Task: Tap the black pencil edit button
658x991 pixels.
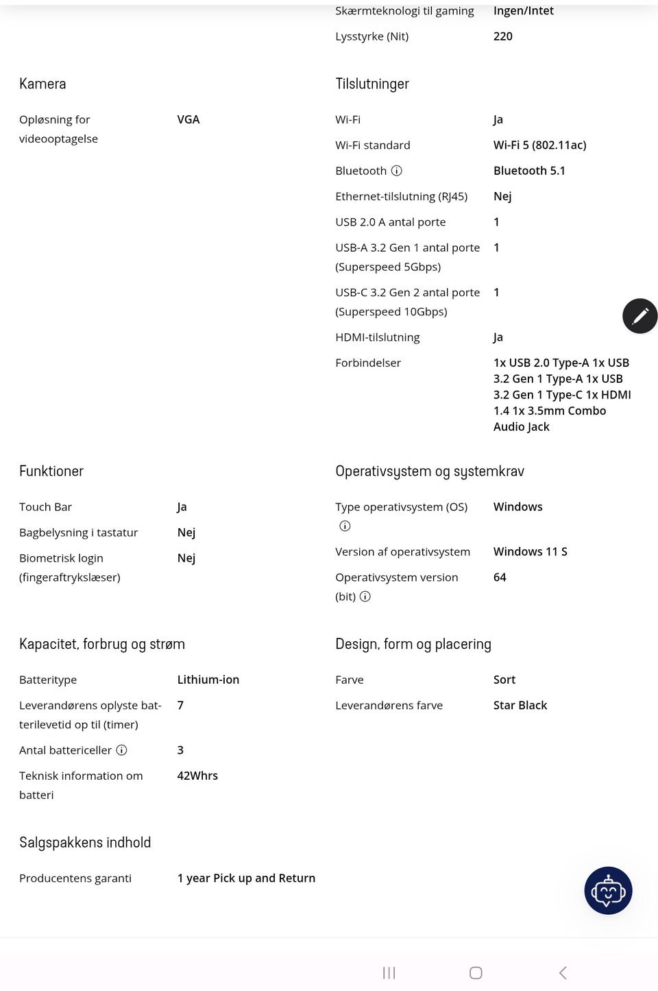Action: pyautogui.click(x=639, y=315)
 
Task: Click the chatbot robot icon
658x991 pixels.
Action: pyautogui.click(x=608, y=890)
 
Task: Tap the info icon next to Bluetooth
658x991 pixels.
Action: pyautogui.click(x=397, y=171)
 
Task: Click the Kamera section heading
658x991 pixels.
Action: pyautogui.click(x=42, y=84)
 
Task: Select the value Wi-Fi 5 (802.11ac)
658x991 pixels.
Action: pyautogui.click(x=539, y=145)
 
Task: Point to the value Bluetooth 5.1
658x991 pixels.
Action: pyautogui.click(x=529, y=171)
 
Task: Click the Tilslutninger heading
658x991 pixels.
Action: pyautogui.click(x=371, y=84)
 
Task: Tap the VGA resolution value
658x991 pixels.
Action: pyautogui.click(x=188, y=119)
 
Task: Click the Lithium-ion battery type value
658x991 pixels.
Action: pyautogui.click(x=208, y=680)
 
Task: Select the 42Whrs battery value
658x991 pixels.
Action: pyautogui.click(x=197, y=776)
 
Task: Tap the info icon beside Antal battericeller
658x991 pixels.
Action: pyautogui.click(x=122, y=750)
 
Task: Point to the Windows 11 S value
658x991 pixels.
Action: pyautogui.click(x=530, y=551)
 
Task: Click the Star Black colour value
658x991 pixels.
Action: pyautogui.click(x=520, y=705)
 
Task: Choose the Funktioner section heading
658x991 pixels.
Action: pyautogui.click(x=51, y=471)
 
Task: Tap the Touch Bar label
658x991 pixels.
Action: pyautogui.click(x=45, y=507)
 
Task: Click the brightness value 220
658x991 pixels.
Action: pyautogui.click(x=502, y=36)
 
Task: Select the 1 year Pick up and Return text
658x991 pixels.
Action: pyautogui.click(x=246, y=878)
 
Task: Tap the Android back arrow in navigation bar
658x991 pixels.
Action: pyautogui.click(x=563, y=972)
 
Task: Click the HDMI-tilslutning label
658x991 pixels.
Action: pyautogui.click(x=377, y=337)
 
